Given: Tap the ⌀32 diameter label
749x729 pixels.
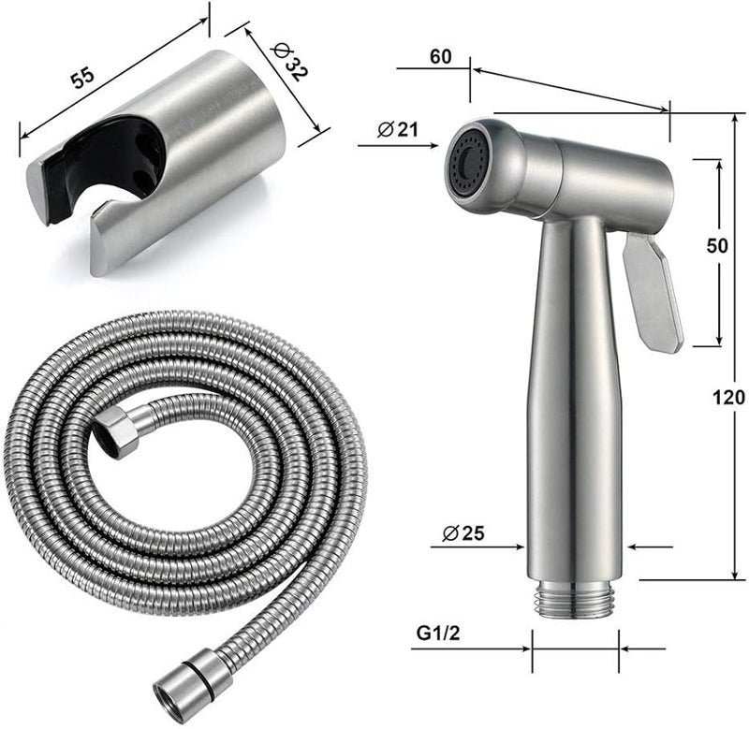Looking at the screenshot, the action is (x=289, y=62).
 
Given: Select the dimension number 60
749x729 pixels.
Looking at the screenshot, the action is (x=440, y=56).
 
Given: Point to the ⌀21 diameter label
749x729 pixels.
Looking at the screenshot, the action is (x=397, y=129).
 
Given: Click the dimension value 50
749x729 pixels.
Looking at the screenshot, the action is (x=717, y=245).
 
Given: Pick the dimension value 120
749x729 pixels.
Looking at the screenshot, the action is (x=729, y=397).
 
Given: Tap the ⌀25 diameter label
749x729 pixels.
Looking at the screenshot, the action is (x=463, y=532).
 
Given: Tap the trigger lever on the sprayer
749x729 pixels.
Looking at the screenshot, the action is (x=653, y=291).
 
